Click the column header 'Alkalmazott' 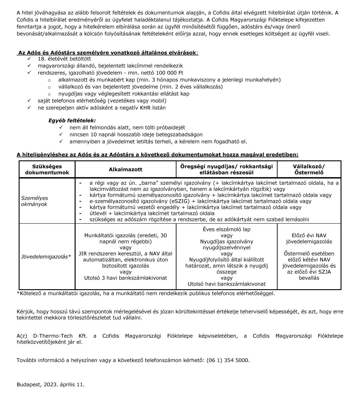125,169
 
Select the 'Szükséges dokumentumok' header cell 47,169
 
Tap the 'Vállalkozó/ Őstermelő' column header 309,169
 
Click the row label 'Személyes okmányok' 34,201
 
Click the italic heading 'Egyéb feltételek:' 72,121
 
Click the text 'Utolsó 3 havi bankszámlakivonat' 125,278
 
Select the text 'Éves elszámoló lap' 226,229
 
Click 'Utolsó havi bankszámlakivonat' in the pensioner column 226,284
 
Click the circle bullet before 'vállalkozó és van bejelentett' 49,87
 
